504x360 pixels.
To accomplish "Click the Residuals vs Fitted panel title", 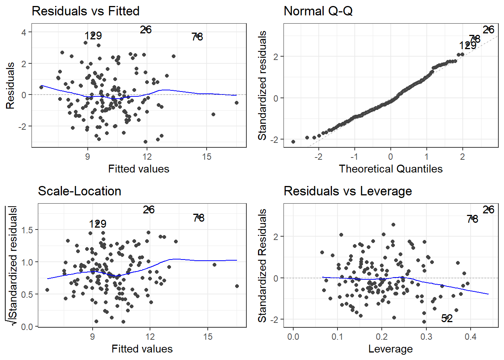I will pyautogui.click(x=85, y=11).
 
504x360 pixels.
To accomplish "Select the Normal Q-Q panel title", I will pyautogui.click(x=318, y=11).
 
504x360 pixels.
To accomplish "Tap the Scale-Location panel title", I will pyautogui.click(x=79, y=191).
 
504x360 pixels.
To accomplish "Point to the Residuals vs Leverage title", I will pyautogui.click(x=348, y=191).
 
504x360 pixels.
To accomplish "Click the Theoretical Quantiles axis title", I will pyautogui.click(x=390, y=169).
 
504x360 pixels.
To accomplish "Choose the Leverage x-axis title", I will pyautogui.click(x=390, y=349).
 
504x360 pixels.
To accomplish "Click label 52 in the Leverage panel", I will pyautogui.click(x=447, y=318).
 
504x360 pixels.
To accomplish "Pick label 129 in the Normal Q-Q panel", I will pyautogui.click(x=468, y=46).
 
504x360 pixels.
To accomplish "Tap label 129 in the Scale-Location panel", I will pyautogui.click(x=97, y=224).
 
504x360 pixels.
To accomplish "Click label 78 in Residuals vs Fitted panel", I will pyautogui.click(x=197, y=37).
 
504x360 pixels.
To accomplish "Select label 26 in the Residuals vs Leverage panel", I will pyautogui.click(x=488, y=210).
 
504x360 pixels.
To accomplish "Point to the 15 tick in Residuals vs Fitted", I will pyautogui.click(x=207, y=157).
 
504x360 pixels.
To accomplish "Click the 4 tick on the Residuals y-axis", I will pyautogui.click(x=24, y=32).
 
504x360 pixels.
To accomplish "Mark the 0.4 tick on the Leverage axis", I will pyautogui.click(x=471, y=337).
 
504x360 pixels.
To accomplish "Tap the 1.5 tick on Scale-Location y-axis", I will pyautogui.click(x=27, y=230).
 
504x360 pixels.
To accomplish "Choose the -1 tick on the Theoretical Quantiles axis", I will pyautogui.click(x=354, y=157).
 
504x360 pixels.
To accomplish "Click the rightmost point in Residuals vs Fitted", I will pyautogui.click(x=237, y=103).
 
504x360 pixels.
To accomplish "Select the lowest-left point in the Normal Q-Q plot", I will pyautogui.click(x=293, y=142).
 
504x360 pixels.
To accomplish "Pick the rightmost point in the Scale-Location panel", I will pyautogui.click(x=237, y=286).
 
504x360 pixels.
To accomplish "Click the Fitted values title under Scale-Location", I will pyautogui.click(x=142, y=349).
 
